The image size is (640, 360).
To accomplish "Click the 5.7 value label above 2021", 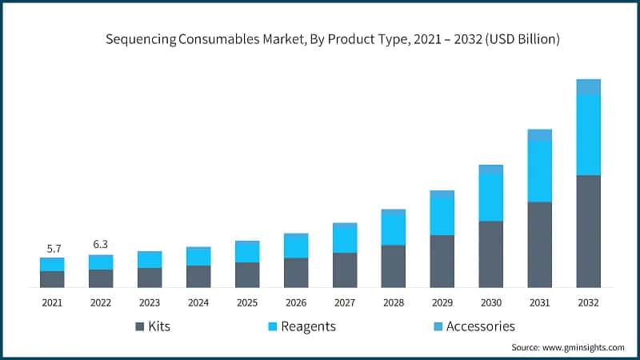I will (52, 248).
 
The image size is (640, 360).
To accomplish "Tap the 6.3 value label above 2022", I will (101, 245).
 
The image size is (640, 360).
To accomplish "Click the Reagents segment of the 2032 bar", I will (588, 134).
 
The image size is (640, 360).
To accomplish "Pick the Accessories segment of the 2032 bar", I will (588, 87).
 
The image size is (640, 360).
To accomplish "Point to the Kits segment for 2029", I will (442, 261).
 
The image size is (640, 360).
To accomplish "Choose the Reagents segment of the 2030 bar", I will (490, 197).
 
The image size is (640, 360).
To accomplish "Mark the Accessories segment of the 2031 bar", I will (539, 135).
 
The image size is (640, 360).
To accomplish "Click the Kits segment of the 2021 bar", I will (52, 278).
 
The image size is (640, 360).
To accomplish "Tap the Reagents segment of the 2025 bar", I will (247, 252).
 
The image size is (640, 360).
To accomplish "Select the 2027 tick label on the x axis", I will (345, 303).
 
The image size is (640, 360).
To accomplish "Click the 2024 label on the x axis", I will (198, 303).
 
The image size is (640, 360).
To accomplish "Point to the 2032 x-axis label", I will (588, 303).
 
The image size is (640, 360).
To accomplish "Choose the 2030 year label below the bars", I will (490, 303).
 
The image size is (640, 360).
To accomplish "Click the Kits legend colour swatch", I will (140, 326).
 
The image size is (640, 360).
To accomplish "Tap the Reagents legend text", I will (309, 326).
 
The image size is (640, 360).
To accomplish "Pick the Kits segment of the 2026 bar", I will (296, 272).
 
